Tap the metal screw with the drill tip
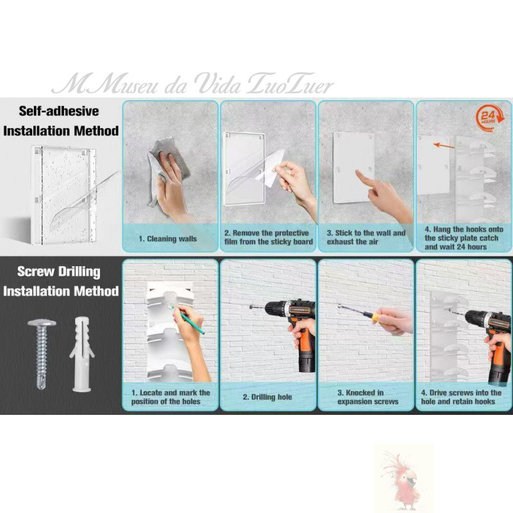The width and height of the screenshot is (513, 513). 42,354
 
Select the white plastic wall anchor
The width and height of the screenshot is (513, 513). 82,354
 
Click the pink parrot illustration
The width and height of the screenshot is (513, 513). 403,478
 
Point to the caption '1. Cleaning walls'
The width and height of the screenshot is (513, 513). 167,239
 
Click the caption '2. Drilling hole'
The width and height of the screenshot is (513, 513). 267,397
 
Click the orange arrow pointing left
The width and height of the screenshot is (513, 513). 444,146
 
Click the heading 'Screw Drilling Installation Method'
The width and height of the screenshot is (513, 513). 60,281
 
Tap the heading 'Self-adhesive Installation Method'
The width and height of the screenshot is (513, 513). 60,121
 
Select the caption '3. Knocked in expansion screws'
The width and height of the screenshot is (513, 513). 367,397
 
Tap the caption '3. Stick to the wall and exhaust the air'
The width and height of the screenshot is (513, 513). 366,237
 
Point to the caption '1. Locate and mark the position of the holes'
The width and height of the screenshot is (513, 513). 171,397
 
